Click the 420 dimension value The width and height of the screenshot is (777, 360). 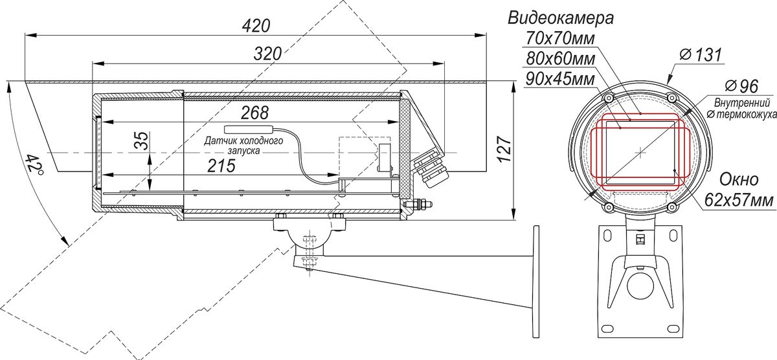click(256, 27)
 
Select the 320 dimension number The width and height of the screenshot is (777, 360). click(267, 54)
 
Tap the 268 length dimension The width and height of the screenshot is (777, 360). click(255, 113)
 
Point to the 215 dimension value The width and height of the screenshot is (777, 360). click(221, 166)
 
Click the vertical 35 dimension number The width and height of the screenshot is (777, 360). click(142, 141)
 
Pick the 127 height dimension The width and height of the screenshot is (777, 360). click(504, 150)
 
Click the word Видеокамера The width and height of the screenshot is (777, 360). click(561, 18)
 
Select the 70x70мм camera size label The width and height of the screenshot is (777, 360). click(560, 38)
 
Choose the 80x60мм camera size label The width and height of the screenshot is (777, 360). click(560, 59)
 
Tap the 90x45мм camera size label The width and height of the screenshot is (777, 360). click(560, 79)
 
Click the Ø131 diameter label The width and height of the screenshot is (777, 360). click(701, 55)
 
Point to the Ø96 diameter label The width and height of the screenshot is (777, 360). click(741, 85)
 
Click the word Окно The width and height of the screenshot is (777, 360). click(739, 179)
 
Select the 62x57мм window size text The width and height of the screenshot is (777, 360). click(739, 200)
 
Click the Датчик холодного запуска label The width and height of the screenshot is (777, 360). click(243, 146)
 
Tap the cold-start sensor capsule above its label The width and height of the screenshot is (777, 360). click(249, 129)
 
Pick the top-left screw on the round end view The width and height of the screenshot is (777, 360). click(608, 98)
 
